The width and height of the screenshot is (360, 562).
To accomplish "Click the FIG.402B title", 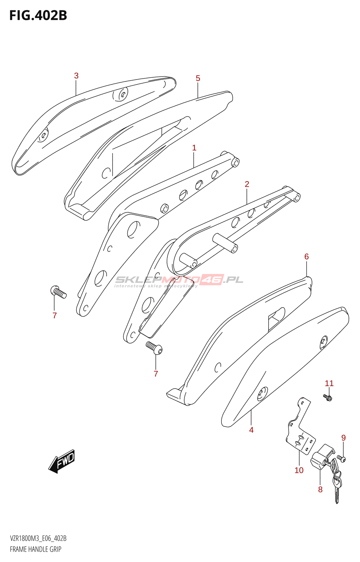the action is click(x=38, y=15).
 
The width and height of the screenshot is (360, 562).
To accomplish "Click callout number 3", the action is click(x=76, y=76).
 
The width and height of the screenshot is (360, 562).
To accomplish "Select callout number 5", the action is click(x=198, y=78).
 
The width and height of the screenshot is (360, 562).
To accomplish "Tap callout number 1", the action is click(x=194, y=148).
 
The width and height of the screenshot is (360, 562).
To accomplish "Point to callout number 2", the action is click(x=247, y=184).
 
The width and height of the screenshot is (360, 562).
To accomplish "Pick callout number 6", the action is click(x=307, y=257).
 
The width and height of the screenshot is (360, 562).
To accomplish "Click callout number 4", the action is click(x=251, y=430).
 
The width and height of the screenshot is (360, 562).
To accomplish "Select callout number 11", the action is click(x=329, y=383).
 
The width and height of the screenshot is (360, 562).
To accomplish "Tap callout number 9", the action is click(x=343, y=438).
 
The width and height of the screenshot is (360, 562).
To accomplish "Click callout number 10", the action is click(x=299, y=470).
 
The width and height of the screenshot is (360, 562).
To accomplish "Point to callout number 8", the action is click(x=320, y=489).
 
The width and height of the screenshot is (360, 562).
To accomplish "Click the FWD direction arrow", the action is click(x=62, y=461).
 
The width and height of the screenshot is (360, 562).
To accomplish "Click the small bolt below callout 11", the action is click(x=328, y=398).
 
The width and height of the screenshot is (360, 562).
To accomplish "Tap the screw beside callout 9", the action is click(x=341, y=458).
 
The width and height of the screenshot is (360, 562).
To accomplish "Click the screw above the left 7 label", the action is click(x=58, y=292).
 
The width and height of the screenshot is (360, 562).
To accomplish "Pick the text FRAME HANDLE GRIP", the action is click(x=36, y=549).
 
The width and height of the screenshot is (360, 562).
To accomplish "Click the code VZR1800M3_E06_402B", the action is click(x=38, y=538).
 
